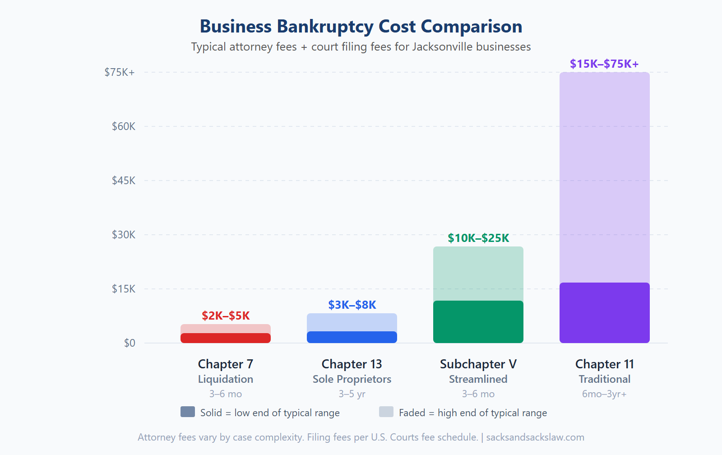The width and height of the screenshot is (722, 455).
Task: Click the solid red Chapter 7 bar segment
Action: tap(226, 338)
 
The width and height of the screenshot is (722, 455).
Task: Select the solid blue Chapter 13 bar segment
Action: tap(352, 337)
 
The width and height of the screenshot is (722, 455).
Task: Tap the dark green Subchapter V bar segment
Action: tap(478, 322)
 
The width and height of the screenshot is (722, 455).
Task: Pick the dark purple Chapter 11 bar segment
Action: tap(605, 313)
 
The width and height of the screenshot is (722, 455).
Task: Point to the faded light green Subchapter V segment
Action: tap(478, 274)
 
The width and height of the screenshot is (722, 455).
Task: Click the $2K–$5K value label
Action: tap(226, 316)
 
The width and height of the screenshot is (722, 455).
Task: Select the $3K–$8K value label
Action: tap(352, 305)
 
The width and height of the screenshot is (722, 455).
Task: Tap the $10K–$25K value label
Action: tap(478, 238)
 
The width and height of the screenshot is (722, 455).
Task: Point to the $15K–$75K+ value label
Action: tap(604, 64)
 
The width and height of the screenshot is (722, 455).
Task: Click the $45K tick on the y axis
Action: tap(124, 181)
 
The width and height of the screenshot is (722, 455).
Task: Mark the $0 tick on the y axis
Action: tap(130, 343)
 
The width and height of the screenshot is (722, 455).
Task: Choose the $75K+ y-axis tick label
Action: tap(120, 72)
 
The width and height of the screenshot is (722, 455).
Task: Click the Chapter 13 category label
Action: tap(352, 364)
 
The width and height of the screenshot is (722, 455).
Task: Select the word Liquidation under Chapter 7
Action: tap(226, 379)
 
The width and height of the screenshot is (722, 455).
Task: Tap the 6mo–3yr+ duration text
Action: tap(604, 394)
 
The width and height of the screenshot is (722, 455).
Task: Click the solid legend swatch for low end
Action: tap(188, 412)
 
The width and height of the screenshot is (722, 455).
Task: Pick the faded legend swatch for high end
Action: tap(386, 412)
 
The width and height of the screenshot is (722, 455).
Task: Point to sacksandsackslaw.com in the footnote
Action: tap(535, 437)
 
